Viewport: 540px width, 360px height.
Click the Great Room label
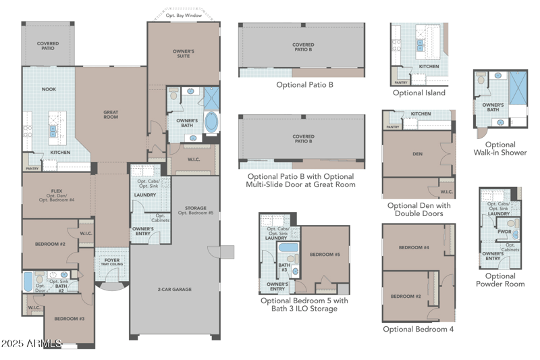pyautogui.click(x=111, y=115)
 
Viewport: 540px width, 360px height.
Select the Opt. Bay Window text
pyautogui.click(x=184, y=15)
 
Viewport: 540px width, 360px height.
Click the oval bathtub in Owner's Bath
pyautogui.click(x=211, y=122)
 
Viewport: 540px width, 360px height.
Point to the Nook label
pyautogui.click(x=49, y=89)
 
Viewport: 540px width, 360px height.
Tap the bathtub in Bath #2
pyautogui.click(x=28, y=281)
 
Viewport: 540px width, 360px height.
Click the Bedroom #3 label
pyautogui.click(x=67, y=318)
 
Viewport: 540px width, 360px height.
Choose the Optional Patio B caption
pyautogui.click(x=304, y=85)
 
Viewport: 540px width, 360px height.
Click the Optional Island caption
pyautogui.click(x=418, y=93)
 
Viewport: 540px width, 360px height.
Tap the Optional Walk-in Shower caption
pyautogui.click(x=500, y=149)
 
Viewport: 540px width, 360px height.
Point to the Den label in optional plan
pyautogui.click(x=417, y=153)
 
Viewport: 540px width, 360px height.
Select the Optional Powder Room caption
pyautogui.click(x=500, y=280)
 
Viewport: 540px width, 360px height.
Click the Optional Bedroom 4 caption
pyautogui.click(x=418, y=329)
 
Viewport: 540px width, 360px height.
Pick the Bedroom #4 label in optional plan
pyautogui.click(x=414, y=248)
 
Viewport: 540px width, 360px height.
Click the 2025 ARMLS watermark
pyautogui.click(x=32, y=344)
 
